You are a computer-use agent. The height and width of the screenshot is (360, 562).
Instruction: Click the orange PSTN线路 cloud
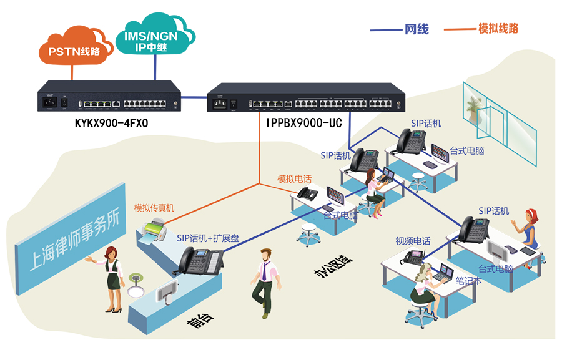click(73, 49)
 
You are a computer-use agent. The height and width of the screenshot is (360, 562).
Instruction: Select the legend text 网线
click(417, 29)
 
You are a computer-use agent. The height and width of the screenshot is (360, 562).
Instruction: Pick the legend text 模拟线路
click(498, 28)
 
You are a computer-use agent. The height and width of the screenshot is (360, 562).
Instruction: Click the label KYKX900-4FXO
click(111, 124)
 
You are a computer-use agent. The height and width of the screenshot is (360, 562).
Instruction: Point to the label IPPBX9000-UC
click(303, 124)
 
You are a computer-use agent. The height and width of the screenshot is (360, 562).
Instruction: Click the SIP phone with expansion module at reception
click(201, 261)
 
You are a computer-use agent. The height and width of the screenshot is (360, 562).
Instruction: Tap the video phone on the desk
click(414, 256)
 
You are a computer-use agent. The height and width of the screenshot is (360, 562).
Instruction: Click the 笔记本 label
click(468, 281)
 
